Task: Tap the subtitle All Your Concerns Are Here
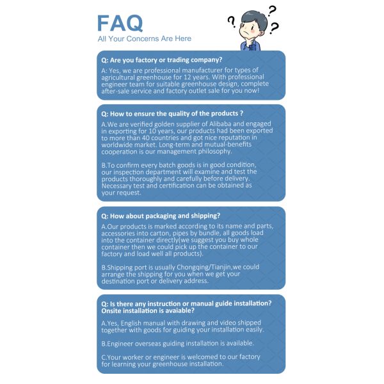tap(144, 39)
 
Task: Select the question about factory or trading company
tap(162, 60)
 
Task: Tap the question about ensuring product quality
tap(172, 113)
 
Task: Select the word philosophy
tap(209, 151)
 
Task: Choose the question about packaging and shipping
tap(161, 215)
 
